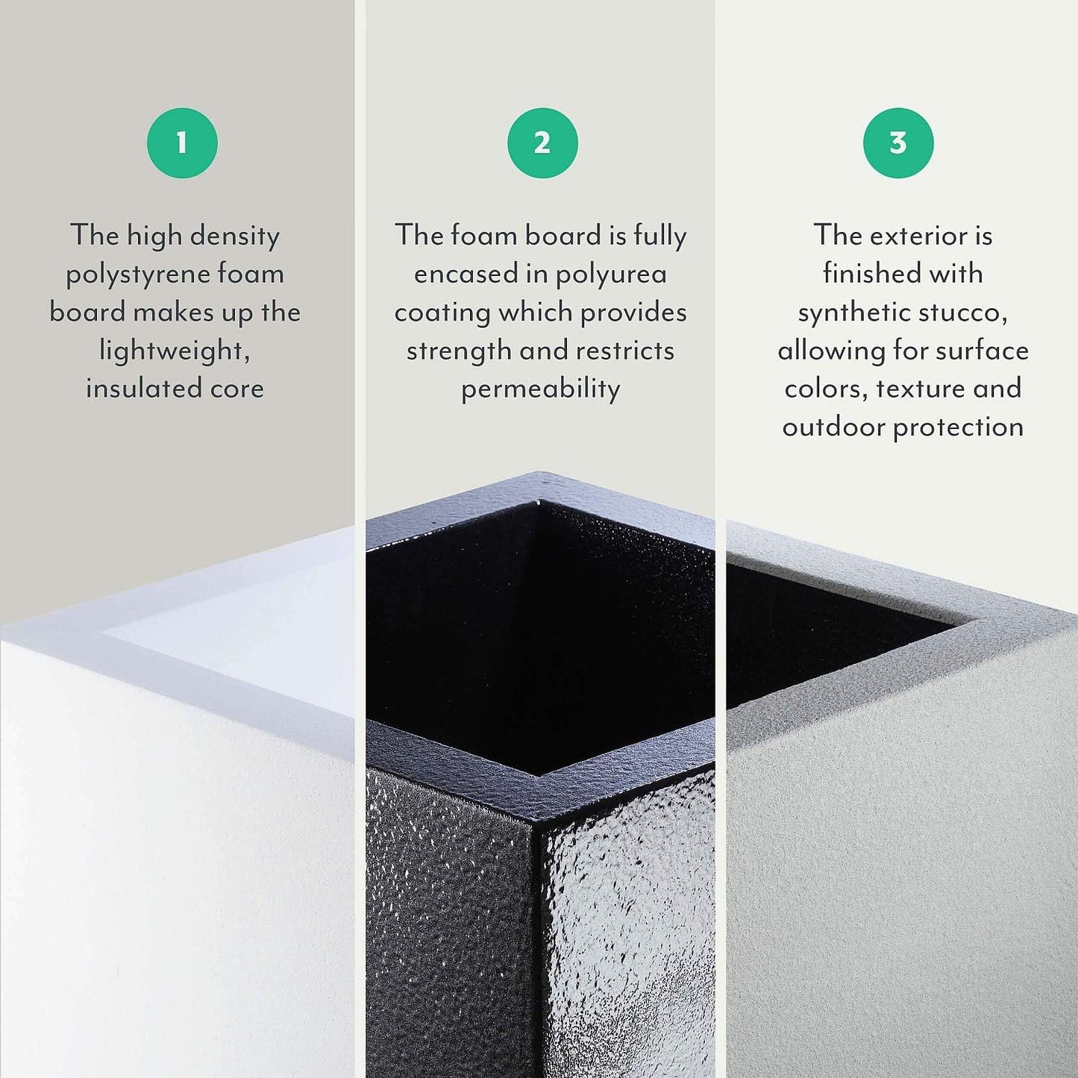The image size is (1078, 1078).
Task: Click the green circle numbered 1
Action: (182, 142)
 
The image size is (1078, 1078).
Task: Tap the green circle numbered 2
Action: (542, 142)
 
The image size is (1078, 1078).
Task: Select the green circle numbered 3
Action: (898, 142)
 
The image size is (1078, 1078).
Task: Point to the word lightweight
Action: (173, 351)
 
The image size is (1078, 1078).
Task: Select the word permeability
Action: (541, 389)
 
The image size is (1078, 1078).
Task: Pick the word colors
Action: (826, 389)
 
